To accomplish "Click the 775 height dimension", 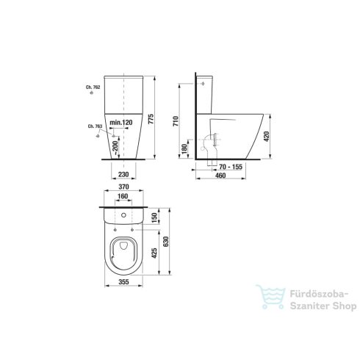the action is click(x=151, y=118).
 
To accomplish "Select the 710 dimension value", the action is click(x=176, y=121).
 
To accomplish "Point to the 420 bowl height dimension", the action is click(x=267, y=137).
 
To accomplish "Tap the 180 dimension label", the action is click(x=184, y=148).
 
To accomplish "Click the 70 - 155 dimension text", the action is click(x=231, y=167).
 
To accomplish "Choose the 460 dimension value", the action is click(x=220, y=176).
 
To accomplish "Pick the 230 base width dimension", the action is click(x=123, y=174).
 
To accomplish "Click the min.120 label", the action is click(x=121, y=123).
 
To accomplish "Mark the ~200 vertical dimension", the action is click(x=115, y=146).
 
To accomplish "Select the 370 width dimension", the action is click(x=123, y=187).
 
